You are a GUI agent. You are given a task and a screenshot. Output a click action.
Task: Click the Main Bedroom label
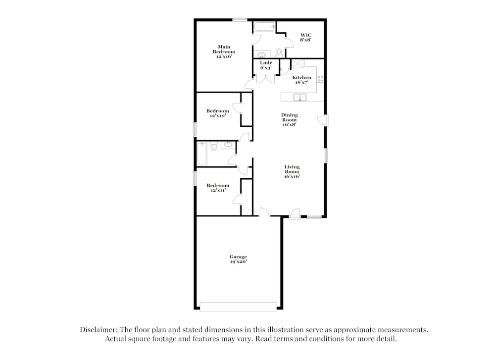[224, 52]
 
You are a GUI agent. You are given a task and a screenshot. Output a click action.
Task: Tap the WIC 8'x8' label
[305, 37]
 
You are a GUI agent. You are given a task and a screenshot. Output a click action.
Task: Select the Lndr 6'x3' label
[266, 65]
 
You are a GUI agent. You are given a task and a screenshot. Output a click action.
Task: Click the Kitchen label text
[301, 78]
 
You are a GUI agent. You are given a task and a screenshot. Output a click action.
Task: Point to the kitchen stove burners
[320, 78]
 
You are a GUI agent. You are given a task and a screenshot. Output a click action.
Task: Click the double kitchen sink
[299, 97]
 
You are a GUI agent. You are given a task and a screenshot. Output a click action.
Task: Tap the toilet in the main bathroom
[279, 52]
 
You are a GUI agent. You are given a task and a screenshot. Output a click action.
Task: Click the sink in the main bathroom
[260, 54]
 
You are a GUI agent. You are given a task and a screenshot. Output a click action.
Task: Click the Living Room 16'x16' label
[292, 172]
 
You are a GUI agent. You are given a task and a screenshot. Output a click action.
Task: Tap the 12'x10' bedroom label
[218, 113]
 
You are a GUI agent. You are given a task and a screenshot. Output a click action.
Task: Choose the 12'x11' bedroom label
[218, 188]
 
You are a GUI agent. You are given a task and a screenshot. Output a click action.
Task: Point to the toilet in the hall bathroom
[214, 147]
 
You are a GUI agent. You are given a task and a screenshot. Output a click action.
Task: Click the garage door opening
[238, 307]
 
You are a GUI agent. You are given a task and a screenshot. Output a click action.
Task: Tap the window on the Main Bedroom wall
[240, 20]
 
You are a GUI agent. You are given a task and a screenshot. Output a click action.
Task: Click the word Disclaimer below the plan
[98, 329]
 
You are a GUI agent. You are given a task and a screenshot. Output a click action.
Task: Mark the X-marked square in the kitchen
[297, 64]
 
